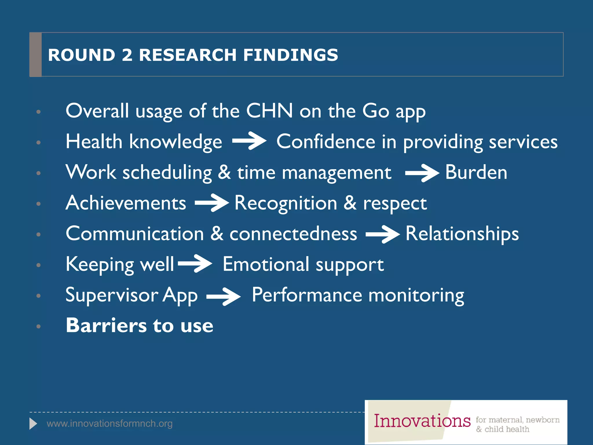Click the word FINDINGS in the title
pyautogui.click(x=290, y=55)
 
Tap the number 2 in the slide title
pyautogui.click(x=127, y=55)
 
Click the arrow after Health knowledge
pyautogui.click(x=249, y=141)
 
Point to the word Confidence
pyautogui.click(x=326, y=142)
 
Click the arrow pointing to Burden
pyautogui.click(x=422, y=173)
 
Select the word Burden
pyautogui.click(x=476, y=172)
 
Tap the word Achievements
pyautogui.click(x=126, y=203)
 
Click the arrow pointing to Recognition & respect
pyautogui.click(x=212, y=203)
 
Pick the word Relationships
pyautogui.click(x=462, y=234)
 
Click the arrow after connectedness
pyautogui.click(x=382, y=234)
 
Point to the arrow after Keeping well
pyautogui.click(x=195, y=263)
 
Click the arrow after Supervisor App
pyautogui.click(x=223, y=296)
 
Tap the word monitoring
pyautogui.click(x=416, y=296)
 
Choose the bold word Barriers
pyautogui.click(x=106, y=325)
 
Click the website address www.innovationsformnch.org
pyautogui.click(x=109, y=424)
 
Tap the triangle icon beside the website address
pyautogui.click(x=33, y=424)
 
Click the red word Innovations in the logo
pyautogui.click(x=422, y=421)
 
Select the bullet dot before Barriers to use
pyautogui.click(x=39, y=327)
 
